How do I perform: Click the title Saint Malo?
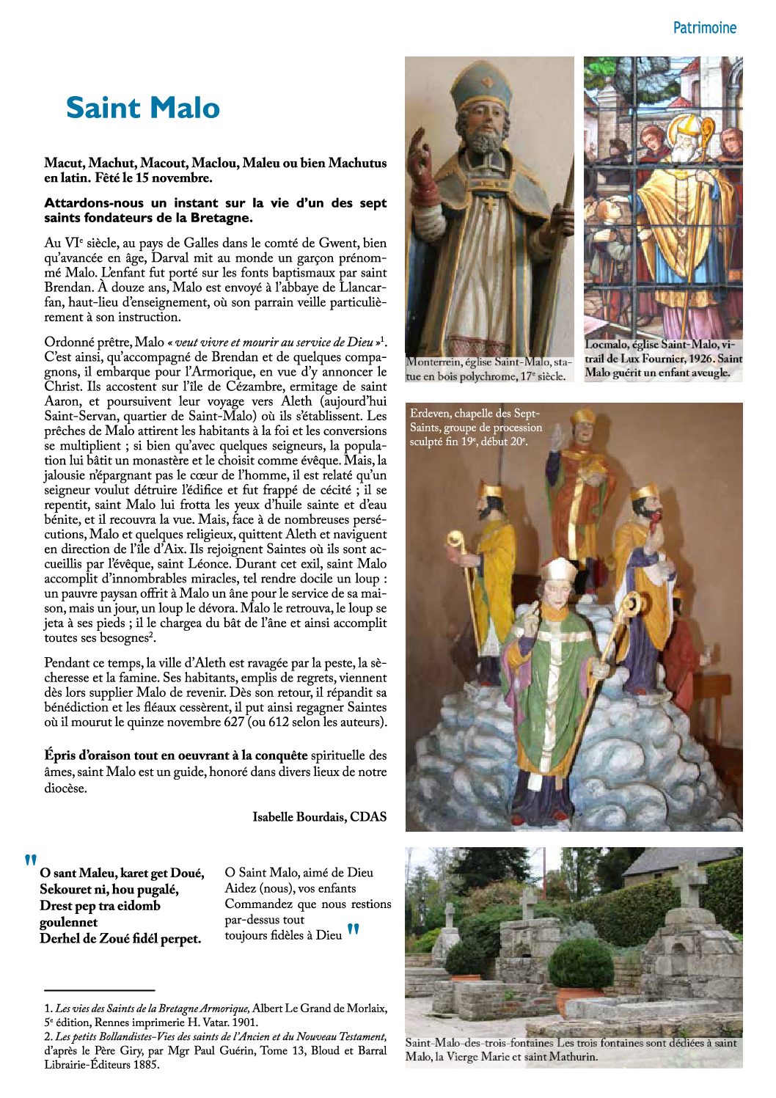click(143, 108)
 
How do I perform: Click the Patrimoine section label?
click(704, 28)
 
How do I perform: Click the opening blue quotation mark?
click(30, 861)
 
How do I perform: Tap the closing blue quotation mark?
click(354, 932)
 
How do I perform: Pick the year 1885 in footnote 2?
click(145, 1064)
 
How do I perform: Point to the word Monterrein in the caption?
click(435, 362)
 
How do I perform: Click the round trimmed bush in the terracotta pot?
click(581, 963)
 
